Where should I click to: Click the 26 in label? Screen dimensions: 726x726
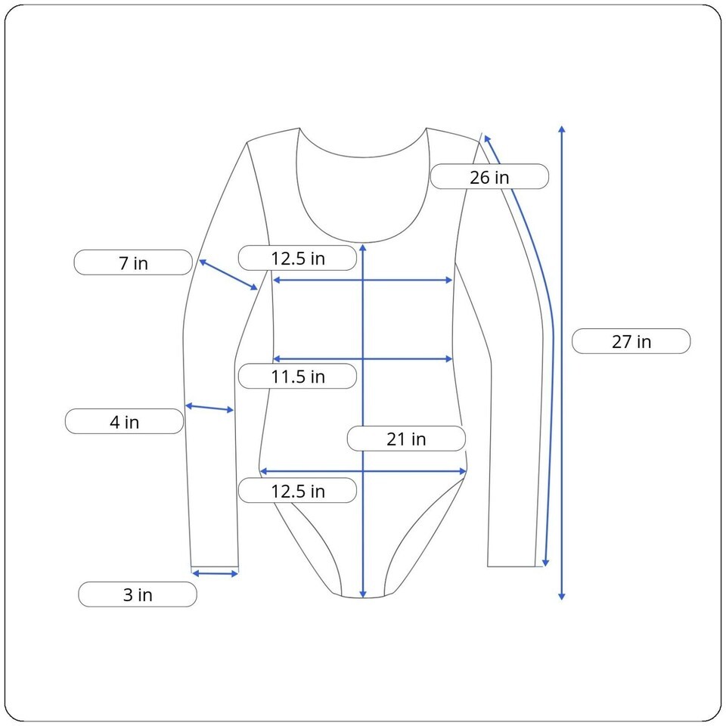coord(489,176)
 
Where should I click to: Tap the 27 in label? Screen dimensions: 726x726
coord(631,341)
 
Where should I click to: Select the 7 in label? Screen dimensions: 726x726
coord(133,262)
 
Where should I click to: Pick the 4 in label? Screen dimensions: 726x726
coord(124,421)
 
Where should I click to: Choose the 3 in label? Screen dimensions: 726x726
coord(138,594)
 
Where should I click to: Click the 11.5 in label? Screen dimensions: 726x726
coord(297,376)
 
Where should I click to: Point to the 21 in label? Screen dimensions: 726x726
coord(406,439)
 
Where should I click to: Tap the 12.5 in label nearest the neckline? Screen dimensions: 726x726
coord(297,258)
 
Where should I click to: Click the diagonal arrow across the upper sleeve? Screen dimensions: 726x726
coord(228,275)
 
